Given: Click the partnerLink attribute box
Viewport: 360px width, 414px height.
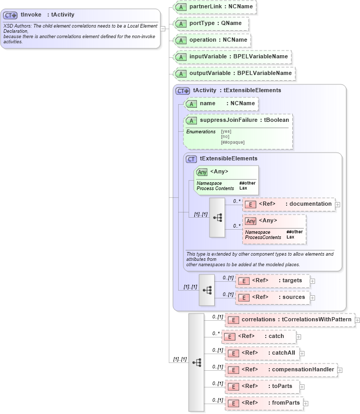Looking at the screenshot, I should [x=215, y=7].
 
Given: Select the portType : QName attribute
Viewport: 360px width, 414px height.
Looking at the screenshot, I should [x=211, y=23].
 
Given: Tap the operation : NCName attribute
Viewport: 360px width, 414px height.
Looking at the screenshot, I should [x=213, y=40].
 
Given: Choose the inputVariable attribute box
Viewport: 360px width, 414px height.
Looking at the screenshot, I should [x=232, y=56].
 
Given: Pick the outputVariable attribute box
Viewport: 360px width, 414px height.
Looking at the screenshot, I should [x=234, y=73].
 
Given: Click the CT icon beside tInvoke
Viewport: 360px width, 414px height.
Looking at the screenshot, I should [x=10, y=15].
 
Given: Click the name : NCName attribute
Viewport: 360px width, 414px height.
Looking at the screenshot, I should [x=221, y=104].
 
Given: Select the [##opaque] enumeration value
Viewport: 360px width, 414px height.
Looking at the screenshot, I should [x=232, y=142].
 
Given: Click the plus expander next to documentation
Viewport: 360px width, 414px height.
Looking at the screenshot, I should [x=338, y=204].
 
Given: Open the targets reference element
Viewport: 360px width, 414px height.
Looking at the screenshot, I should [x=272, y=281].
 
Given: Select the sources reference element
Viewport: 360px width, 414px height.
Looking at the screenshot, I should [x=272, y=297].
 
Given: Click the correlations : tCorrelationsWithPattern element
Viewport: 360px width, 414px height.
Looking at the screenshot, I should [x=290, y=320].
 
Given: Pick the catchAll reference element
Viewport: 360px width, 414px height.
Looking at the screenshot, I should [x=262, y=353].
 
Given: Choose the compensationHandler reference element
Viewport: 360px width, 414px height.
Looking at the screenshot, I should [x=281, y=370].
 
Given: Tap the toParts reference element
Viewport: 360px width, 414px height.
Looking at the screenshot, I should [x=262, y=386].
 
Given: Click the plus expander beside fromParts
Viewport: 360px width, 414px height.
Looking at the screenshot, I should [x=306, y=403].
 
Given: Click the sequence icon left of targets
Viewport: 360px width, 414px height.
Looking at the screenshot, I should [x=207, y=290].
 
